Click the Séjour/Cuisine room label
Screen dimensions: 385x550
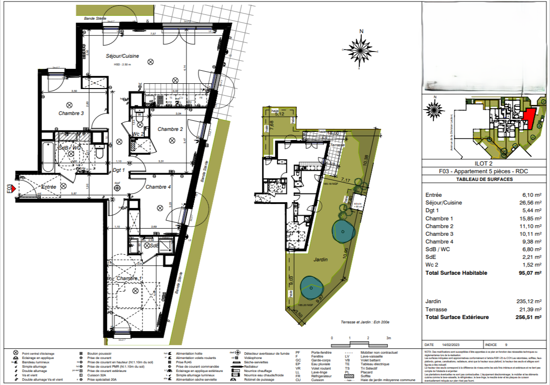click(122, 56)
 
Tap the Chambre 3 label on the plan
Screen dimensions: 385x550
click(71, 114)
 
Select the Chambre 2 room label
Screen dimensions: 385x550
click(170, 129)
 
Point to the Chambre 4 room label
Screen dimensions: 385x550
click(158, 187)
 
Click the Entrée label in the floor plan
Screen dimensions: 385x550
click(49, 187)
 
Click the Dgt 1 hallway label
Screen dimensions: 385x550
click(119, 170)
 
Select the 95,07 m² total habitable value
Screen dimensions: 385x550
click(530, 273)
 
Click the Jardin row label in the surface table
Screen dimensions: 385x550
click(433, 302)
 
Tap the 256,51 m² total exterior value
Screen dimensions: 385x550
click(528, 317)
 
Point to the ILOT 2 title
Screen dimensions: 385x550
click(484, 163)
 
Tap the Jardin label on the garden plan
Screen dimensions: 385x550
click(321, 259)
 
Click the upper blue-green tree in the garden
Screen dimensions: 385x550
click(342, 232)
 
